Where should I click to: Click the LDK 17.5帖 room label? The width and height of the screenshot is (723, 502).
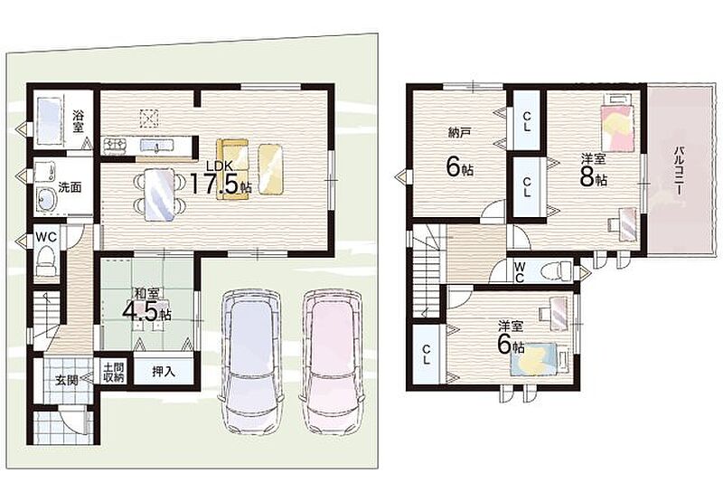[x=221, y=178]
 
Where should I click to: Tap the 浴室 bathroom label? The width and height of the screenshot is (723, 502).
[x=79, y=121]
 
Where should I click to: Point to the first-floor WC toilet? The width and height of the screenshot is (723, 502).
[x=46, y=260]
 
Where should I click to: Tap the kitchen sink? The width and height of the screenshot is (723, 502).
[x=155, y=146]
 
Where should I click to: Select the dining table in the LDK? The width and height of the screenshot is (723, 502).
[x=160, y=194]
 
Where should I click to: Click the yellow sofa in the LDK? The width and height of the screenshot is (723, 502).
[x=232, y=170]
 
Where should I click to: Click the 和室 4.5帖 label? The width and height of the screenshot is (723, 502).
[x=146, y=305]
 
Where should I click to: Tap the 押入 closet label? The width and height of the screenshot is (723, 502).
[x=164, y=372]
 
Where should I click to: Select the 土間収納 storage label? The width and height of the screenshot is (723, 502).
[x=114, y=373]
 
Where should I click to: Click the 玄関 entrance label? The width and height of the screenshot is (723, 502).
[x=67, y=381]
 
